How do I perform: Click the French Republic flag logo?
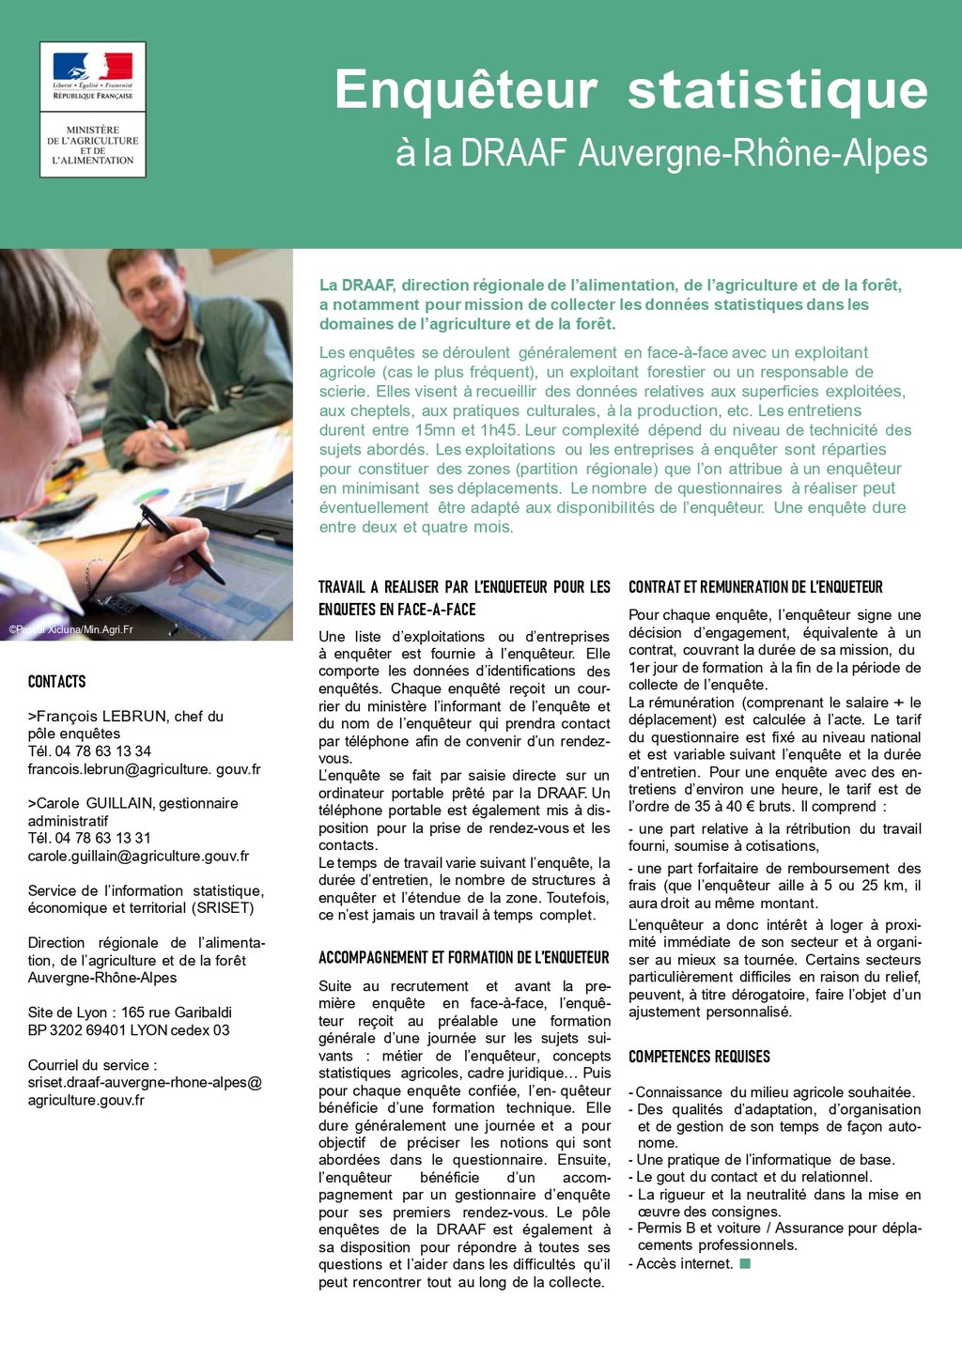tap(92, 67)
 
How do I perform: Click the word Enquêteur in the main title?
tap(466, 90)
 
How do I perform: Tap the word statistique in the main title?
tap(778, 90)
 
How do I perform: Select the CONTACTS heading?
tap(56, 682)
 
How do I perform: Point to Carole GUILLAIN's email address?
tap(138, 856)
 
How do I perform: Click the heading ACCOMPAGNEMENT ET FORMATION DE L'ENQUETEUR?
tap(464, 958)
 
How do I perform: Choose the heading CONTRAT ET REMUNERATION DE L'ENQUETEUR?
tap(755, 587)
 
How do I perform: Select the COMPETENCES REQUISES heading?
tap(699, 1057)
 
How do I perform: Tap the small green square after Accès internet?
tap(745, 1263)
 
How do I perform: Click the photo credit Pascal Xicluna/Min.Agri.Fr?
tap(70, 629)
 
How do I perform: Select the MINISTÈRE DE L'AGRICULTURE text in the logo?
tap(92, 145)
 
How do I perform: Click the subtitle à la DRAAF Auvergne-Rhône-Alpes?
tap(661, 154)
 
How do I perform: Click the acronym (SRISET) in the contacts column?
tap(225, 908)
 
